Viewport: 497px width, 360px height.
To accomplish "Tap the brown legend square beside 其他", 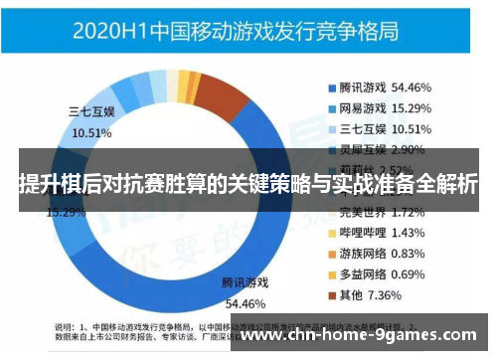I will (x=332, y=294).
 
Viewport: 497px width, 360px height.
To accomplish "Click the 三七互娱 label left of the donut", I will (x=91, y=111).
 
